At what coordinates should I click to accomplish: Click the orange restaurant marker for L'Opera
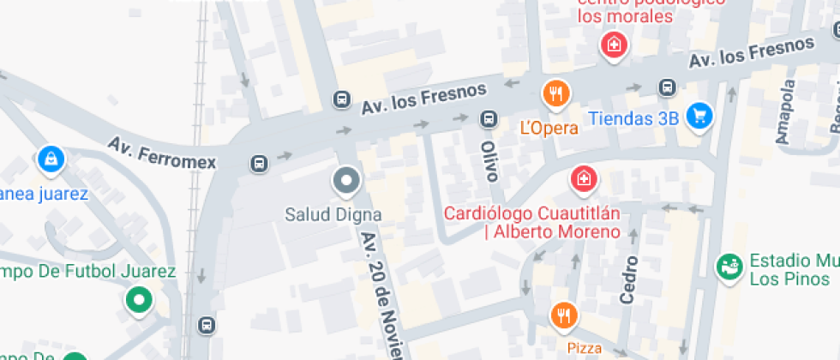coord(556,94)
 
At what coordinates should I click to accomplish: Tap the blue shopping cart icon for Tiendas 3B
coord(700,116)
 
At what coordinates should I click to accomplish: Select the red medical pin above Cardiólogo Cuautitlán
coord(584,179)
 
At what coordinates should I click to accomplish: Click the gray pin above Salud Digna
coord(346,181)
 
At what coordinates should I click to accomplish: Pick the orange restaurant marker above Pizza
coord(563,316)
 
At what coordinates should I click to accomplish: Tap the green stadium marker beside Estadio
coord(729,267)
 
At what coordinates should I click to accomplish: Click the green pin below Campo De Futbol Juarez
coord(138,301)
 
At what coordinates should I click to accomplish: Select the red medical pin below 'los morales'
coord(614,45)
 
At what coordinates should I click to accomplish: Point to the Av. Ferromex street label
coord(162,152)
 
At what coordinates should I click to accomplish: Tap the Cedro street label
coord(629,279)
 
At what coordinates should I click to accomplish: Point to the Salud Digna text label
coord(333,213)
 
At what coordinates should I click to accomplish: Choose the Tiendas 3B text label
coord(633,118)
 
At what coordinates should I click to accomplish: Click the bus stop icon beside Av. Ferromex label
coord(258,162)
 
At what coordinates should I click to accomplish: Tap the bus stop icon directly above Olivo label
coord(488,119)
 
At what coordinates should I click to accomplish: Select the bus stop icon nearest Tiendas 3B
coord(667,87)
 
